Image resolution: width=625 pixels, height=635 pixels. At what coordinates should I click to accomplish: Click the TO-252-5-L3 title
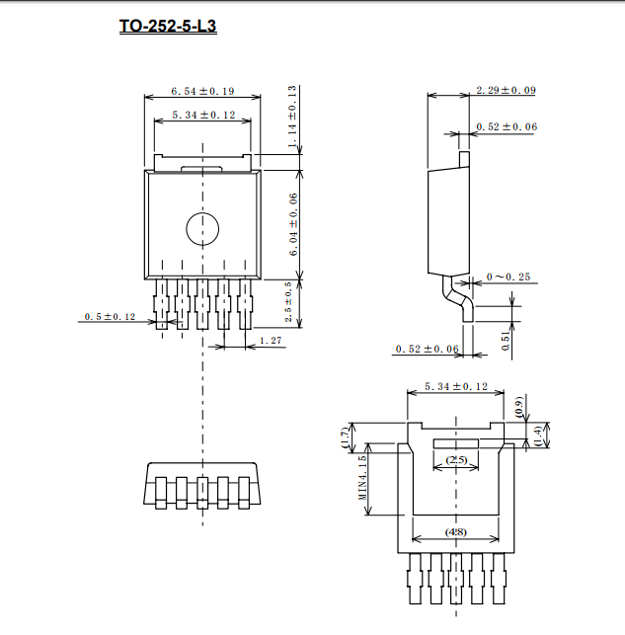pos(168,26)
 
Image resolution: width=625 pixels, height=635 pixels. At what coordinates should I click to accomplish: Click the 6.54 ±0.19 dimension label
pos(202,91)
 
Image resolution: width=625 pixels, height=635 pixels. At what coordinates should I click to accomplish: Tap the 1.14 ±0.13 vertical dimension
pos(292,117)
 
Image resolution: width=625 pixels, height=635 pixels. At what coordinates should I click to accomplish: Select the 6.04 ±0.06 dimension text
pos(293,224)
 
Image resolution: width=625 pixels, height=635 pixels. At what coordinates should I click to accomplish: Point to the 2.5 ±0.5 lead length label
pos(288,302)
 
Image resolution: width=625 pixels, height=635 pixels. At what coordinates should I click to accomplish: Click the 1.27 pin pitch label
pos(271,340)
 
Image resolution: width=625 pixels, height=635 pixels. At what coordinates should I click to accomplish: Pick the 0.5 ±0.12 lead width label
pos(110,316)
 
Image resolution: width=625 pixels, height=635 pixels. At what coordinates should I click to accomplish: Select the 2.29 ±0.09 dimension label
pos(506,90)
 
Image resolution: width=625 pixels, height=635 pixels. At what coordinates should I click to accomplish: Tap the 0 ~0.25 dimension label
pos(508,277)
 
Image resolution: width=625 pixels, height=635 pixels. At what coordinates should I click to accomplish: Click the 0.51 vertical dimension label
pos(506,341)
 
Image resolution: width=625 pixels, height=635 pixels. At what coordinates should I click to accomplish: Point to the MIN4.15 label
pos(362,478)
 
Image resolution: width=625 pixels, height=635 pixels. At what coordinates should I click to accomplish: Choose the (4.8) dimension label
pos(456,531)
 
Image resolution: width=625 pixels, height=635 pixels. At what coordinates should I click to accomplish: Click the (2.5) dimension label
pos(456,460)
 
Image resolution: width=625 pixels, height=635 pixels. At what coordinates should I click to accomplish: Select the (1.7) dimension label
pos(345,437)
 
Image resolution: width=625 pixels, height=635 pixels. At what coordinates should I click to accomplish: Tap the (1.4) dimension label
pos(538,436)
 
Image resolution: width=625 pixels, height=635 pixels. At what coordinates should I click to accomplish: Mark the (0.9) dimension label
pos(519,408)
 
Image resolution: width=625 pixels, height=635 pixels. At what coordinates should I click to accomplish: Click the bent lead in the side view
pos(459,297)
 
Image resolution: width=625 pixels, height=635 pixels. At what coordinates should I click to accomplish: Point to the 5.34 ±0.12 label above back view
pos(456,386)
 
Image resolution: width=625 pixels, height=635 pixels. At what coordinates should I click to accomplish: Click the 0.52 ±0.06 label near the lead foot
pos(428,349)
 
